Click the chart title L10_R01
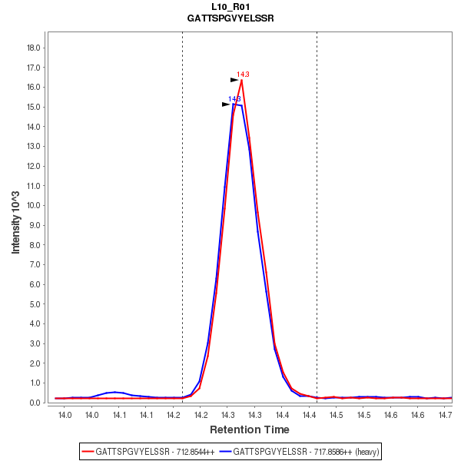coord(230,6)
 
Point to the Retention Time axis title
coord(250,429)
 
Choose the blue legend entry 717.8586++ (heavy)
coord(300,451)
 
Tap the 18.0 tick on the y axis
coord(34,48)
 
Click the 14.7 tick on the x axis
coord(445,415)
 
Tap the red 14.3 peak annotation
coord(243,75)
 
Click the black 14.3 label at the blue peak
coord(234,99)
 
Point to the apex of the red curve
coord(241,80)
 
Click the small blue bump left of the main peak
coord(114,392)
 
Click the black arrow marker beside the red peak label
coord(234,79)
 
